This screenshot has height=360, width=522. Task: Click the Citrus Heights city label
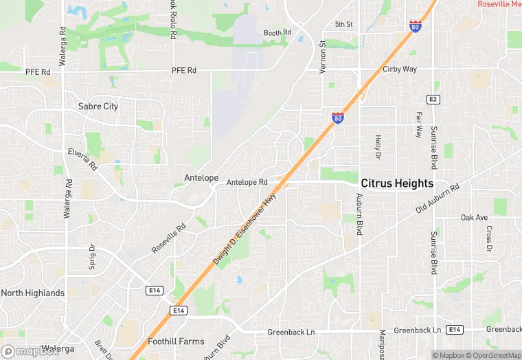[398, 183]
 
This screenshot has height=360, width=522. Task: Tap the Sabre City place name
[98, 106]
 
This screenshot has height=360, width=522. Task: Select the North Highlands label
[33, 293]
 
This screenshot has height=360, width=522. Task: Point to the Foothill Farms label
[177, 341]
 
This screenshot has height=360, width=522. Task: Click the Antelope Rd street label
[247, 182]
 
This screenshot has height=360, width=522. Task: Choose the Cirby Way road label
[400, 69]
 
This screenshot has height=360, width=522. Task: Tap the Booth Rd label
[277, 32]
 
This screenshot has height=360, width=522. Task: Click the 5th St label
[343, 25]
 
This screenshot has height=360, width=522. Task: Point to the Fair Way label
[418, 124]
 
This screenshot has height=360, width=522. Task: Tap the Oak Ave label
[474, 218]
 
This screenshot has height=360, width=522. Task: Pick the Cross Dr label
[489, 238]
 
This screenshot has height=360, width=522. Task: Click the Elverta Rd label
[84, 155]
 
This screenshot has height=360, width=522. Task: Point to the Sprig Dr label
[91, 256]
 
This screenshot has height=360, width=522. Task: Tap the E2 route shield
[433, 100]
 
